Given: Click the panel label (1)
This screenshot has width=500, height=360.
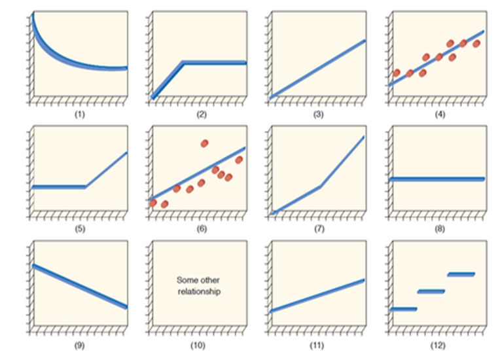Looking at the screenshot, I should tap(80, 115).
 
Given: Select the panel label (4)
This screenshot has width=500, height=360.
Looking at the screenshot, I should tap(438, 115).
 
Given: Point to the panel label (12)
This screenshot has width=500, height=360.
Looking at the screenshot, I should tap(438, 345).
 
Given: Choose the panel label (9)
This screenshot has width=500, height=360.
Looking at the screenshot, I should tap(80, 345).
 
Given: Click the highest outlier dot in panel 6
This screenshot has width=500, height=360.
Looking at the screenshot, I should tap(205, 143).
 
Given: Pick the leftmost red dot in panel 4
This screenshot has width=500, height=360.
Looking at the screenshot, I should tap(397, 73).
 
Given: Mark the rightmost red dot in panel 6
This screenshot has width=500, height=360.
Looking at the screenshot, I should tap(240, 160).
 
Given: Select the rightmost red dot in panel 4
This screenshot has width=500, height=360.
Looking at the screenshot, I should tap(476, 44).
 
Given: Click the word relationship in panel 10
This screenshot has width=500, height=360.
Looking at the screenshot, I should tap(199, 291).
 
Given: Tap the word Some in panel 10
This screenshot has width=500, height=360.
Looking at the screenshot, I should tap(186, 280).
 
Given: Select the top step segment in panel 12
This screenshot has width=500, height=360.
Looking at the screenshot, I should tap(461, 274).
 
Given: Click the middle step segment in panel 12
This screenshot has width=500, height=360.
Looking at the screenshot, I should tap(431, 291).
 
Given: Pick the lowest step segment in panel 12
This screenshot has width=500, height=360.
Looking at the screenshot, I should tap(403, 309).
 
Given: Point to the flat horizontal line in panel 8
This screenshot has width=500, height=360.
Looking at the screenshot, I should tap(437, 179).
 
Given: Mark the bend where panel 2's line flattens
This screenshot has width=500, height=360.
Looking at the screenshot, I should tap(183, 63).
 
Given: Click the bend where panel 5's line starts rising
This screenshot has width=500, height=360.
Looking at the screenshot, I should tap(86, 187).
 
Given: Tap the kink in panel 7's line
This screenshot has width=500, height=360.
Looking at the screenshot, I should tap(320, 187).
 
